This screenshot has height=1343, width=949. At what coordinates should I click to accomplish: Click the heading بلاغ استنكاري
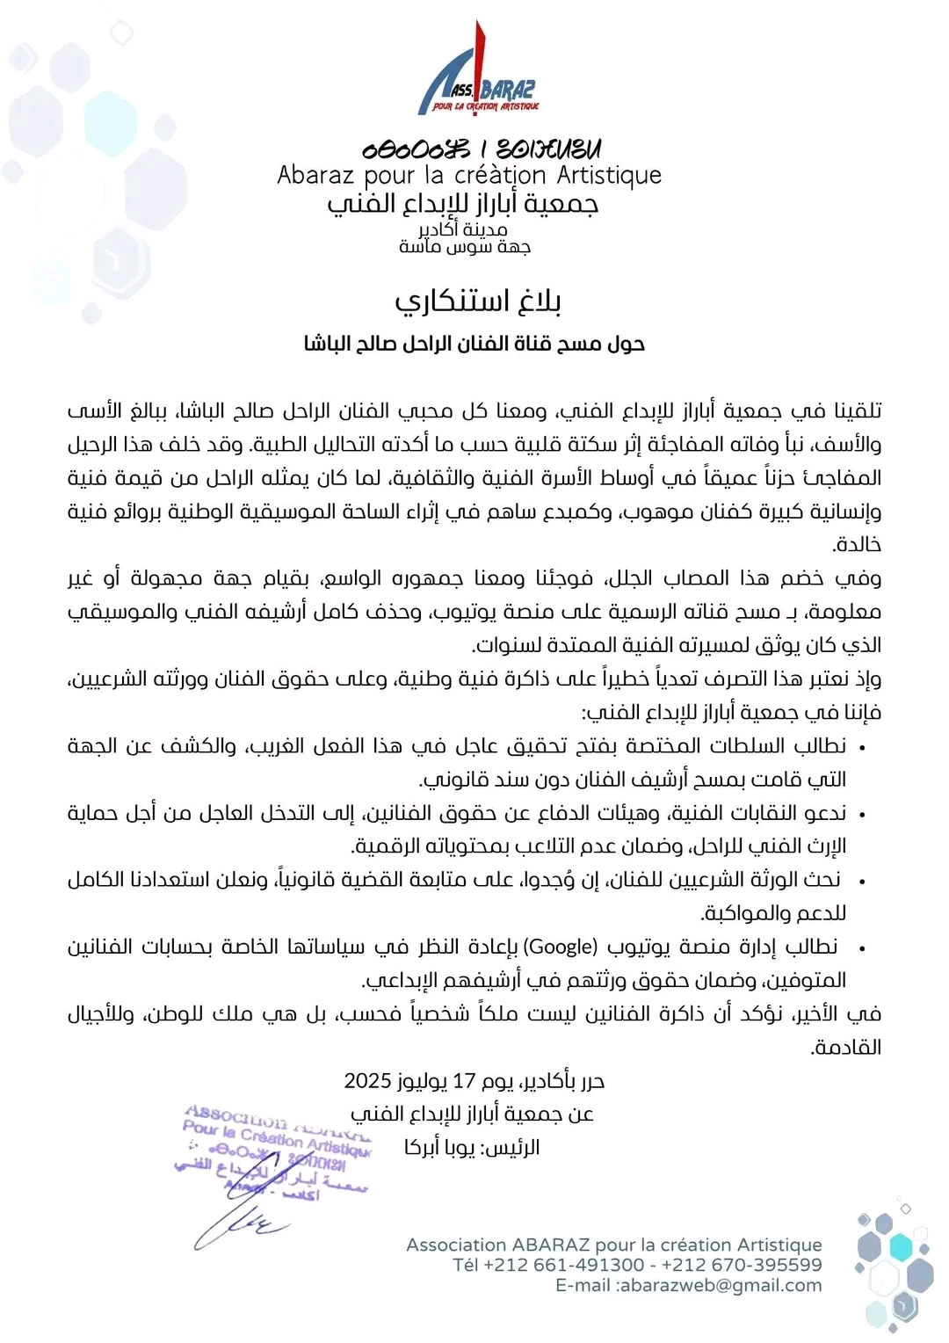click(477, 301)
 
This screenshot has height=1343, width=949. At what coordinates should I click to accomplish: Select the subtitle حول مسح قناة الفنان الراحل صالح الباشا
click(474, 344)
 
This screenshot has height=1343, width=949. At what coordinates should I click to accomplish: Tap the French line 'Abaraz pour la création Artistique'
click(469, 175)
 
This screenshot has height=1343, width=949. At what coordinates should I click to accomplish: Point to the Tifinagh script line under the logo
click(482, 149)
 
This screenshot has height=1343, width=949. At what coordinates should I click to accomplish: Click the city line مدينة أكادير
click(462, 229)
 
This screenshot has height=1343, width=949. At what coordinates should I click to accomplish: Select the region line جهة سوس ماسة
click(465, 247)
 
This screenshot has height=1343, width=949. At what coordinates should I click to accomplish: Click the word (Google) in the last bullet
click(560, 947)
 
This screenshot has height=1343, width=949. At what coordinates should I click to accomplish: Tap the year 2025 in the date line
click(367, 1080)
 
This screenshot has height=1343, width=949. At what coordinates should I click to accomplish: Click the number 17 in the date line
click(464, 1080)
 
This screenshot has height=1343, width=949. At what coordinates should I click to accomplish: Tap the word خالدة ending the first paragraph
click(858, 545)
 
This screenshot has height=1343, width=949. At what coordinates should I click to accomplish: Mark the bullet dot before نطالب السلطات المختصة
click(863, 748)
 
